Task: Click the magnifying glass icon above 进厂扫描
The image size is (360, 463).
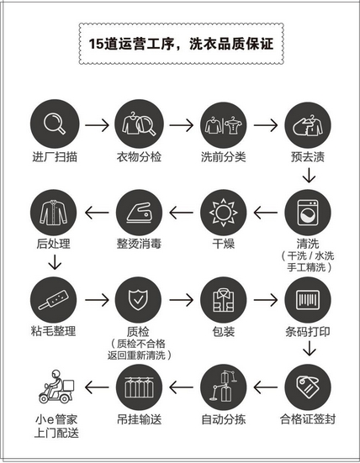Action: pyautogui.click(x=55, y=124)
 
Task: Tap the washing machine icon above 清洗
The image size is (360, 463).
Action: pyautogui.click(x=308, y=213)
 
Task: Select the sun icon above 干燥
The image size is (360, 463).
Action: pyautogui.click(x=223, y=213)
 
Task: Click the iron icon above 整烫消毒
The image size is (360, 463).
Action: pyautogui.click(x=139, y=213)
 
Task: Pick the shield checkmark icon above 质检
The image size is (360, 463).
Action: pyautogui.click(x=138, y=300)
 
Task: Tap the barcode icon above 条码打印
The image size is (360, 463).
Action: pyautogui.click(x=308, y=300)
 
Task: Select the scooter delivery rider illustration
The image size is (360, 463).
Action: pyautogui.click(x=56, y=387)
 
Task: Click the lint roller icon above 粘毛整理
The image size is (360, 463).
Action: pyautogui.click(x=54, y=300)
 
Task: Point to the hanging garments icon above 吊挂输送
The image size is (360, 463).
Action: pyautogui.click(x=140, y=387)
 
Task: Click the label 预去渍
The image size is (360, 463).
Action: pyautogui.click(x=308, y=157)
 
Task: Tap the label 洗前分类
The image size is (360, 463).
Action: pyautogui.click(x=223, y=157)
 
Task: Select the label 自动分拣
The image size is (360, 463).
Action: pyautogui.click(x=224, y=419)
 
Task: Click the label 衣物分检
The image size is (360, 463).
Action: pyautogui.click(x=139, y=157)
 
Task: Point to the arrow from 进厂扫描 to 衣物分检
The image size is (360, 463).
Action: pyautogui.click(x=97, y=125)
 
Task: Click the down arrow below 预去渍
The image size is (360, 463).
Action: pyautogui.click(x=309, y=176)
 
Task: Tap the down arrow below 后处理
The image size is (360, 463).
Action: pyautogui.click(x=55, y=262)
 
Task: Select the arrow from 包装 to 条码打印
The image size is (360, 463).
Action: pyautogui.click(x=266, y=300)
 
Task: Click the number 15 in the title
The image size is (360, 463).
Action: pyautogui.click(x=97, y=44)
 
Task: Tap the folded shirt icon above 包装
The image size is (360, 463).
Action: pyautogui.click(x=223, y=300)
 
